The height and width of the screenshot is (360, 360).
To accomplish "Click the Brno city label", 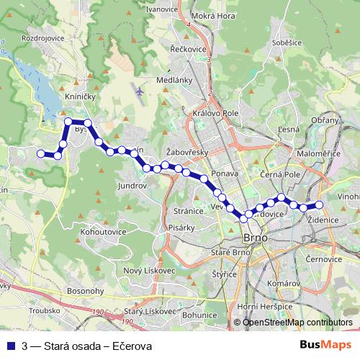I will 256,237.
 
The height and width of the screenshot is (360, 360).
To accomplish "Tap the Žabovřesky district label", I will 186,152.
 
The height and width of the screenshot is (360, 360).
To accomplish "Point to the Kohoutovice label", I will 104,233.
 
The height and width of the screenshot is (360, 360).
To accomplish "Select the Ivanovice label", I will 162,9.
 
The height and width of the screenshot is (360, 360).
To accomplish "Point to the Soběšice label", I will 286,43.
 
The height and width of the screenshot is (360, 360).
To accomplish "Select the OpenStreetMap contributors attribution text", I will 297,323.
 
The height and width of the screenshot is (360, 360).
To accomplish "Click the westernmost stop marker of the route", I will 41,153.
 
